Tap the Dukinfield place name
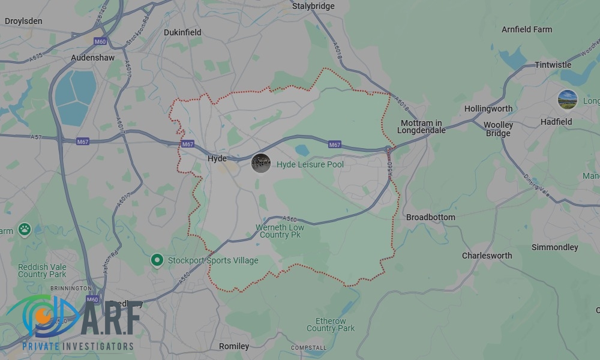pyautogui.click(x=182, y=32)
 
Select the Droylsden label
pyautogui.click(x=23, y=21)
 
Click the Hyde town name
pyautogui.click(x=217, y=158)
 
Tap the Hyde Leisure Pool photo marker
pyautogui.click(x=260, y=163)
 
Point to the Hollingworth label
pyautogui.click(x=488, y=109)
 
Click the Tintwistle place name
pyautogui.click(x=553, y=65)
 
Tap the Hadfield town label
pyautogui.click(x=556, y=122)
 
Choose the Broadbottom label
pyautogui.click(x=431, y=217)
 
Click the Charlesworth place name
pyautogui.click(x=487, y=256)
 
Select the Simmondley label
pyautogui.click(x=554, y=247)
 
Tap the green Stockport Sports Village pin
pyautogui.click(x=157, y=260)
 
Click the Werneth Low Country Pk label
pyautogui.click(x=280, y=231)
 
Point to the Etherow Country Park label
pyautogui.click(x=331, y=325)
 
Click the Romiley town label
pyautogui.click(x=234, y=346)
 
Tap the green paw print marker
pyautogui.click(x=24, y=229)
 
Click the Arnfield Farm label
pyautogui.click(x=526, y=29)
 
